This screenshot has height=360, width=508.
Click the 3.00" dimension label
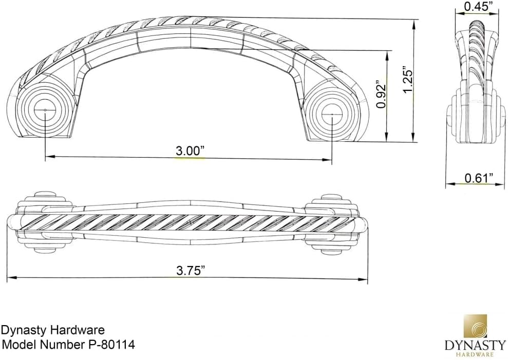point(190,151)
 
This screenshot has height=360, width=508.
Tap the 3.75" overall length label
point(191,270)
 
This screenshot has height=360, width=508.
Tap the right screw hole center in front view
point(332,114)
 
